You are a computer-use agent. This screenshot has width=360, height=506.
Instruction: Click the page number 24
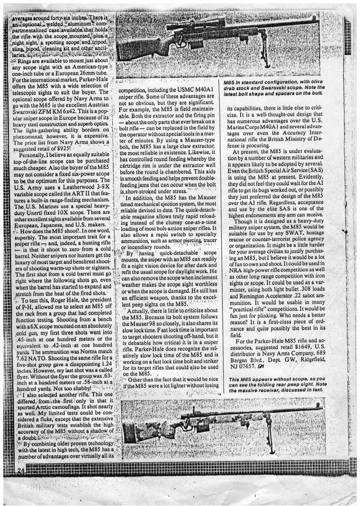click(x=20, y=470)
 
